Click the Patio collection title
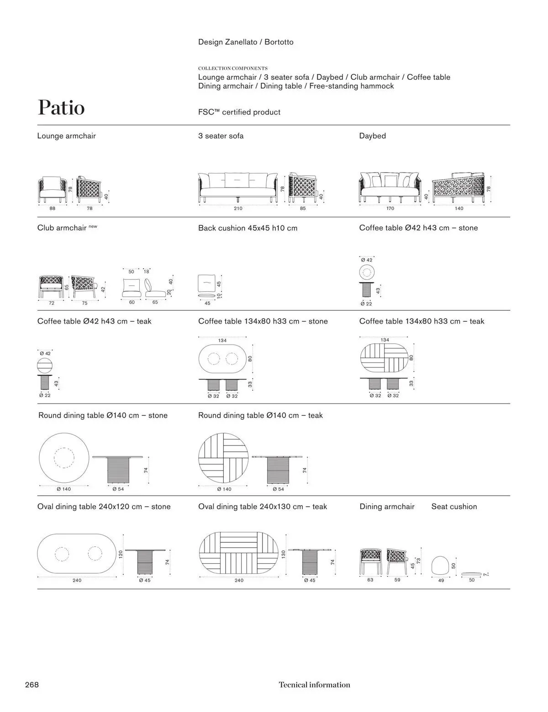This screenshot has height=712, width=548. tap(61, 108)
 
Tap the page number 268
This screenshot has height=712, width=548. tap(32, 685)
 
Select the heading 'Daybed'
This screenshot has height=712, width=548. tap(372, 136)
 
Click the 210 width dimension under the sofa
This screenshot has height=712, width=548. tap(238, 209)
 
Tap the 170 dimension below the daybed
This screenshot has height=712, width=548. tap(390, 209)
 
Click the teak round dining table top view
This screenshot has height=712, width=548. tap(224, 458)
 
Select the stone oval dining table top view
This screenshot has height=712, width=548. tap(77, 554)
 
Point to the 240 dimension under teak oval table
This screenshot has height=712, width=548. tap(239, 581)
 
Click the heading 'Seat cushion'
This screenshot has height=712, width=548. tap(454, 507)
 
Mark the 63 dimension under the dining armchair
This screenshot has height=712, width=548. tap(370, 580)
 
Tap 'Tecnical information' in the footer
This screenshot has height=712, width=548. tap(314, 685)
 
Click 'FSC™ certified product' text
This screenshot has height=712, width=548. tap(239, 112)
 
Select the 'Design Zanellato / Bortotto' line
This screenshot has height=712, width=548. tap(246, 42)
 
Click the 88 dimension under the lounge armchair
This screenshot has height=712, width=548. tap(53, 209)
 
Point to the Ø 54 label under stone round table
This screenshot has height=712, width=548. tap(118, 489)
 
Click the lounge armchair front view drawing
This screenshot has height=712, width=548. tap(52, 188)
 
